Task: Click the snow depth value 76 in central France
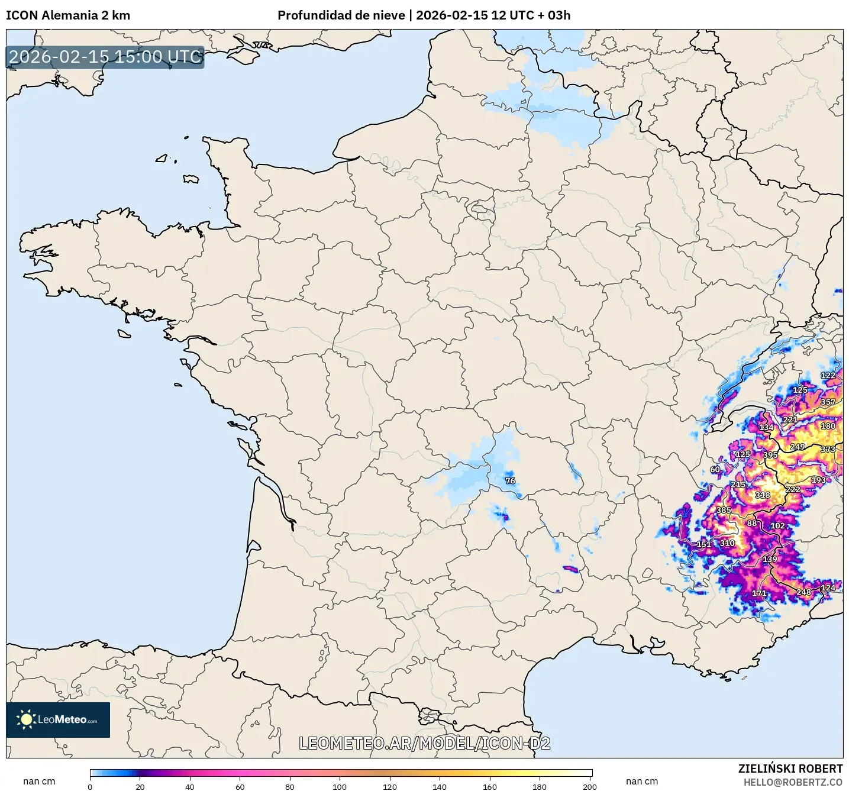click(x=510, y=480)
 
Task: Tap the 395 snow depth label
click(x=770, y=455)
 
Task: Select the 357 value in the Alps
click(x=828, y=402)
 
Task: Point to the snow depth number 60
click(x=715, y=469)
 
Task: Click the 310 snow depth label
click(x=727, y=543)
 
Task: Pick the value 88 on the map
click(x=751, y=523)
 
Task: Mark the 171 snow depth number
click(x=759, y=593)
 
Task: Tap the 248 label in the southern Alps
click(x=803, y=592)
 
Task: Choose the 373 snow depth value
click(x=828, y=449)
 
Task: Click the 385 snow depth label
click(x=724, y=510)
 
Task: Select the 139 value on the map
click(x=770, y=559)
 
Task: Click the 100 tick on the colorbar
click(x=340, y=786)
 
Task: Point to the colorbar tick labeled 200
click(x=589, y=786)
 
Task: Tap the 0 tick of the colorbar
click(x=90, y=786)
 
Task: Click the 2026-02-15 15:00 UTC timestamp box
click(x=105, y=57)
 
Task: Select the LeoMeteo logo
click(x=58, y=719)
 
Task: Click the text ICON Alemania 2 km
click(x=68, y=15)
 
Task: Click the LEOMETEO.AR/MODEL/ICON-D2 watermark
click(x=424, y=743)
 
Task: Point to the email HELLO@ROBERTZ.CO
click(x=793, y=782)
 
